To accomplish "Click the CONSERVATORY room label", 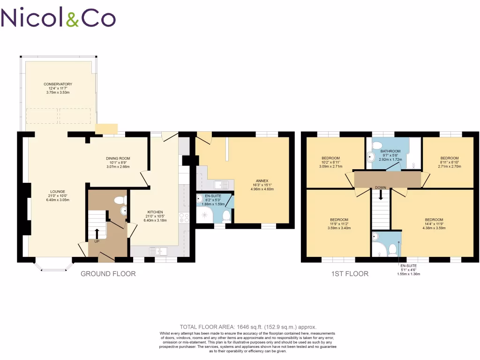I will (x=58, y=84).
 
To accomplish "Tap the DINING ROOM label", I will (x=117, y=158).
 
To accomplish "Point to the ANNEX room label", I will (x=262, y=180).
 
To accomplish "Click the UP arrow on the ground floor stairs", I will (x=97, y=233).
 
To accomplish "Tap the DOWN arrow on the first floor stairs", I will (x=381, y=193).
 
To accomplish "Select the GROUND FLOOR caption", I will (x=108, y=274).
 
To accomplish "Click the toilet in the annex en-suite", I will (x=227, y=216).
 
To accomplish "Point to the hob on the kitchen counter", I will (x=183, y=217).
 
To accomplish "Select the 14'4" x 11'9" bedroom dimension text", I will (x=434, y=224).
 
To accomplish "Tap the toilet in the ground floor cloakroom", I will (x=120, y=201).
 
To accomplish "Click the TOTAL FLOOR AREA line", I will (x=248, y=327).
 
